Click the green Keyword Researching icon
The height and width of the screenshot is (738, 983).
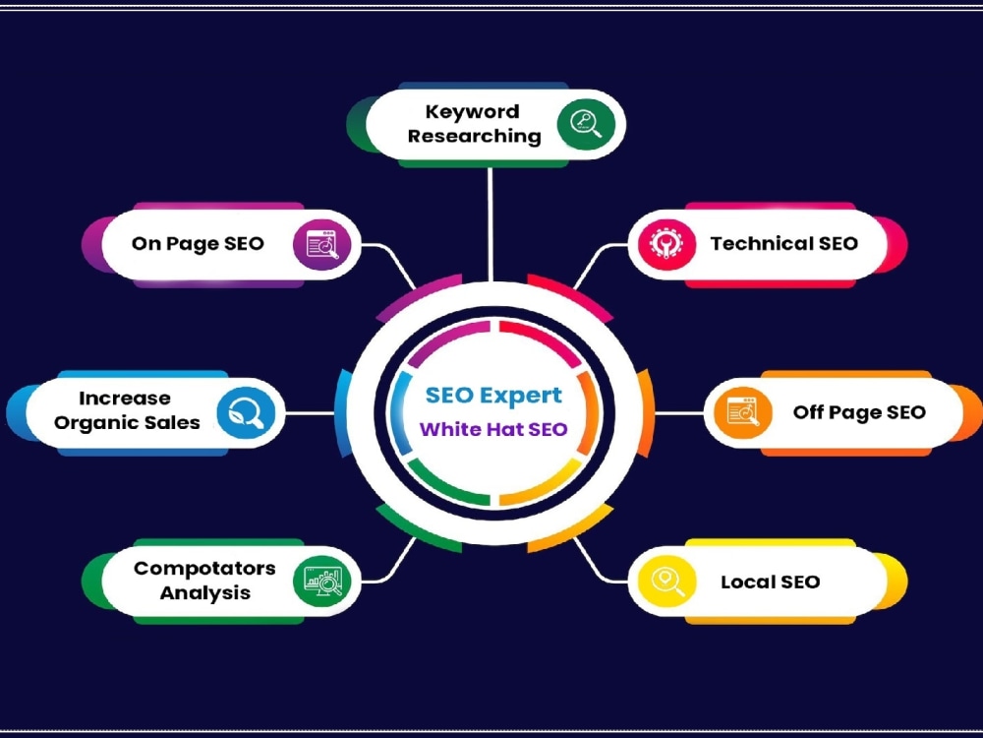click(x=586, y=124)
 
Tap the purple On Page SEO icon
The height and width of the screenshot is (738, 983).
click(x=322, y=244)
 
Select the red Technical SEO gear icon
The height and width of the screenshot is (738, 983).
click(x=667, y=244)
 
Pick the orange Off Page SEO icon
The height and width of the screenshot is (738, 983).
click(x=743, y=412)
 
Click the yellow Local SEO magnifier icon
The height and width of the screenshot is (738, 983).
click(x=667, y=582)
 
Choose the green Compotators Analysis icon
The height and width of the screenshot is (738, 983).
click(x=322, y=582)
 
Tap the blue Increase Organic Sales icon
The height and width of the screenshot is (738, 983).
click(x=247, y=412)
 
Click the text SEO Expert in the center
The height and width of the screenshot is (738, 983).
click(x=493, y=396)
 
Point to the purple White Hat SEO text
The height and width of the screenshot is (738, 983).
click(x=493, y=429)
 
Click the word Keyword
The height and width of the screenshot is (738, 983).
click(x=472, y=112)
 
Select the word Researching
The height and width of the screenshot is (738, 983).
click(x=475, y=136)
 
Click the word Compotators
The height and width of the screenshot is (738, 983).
click(x=204, y=569)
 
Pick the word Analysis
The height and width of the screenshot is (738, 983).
click(x=205, y=592)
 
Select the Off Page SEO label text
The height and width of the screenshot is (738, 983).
click(x=859, y=412)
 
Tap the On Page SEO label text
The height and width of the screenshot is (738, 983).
click(x=198, y=243)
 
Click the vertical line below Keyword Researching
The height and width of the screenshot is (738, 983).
click(x=491, y=224)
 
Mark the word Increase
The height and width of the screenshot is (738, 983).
click(x=124, y=398)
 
